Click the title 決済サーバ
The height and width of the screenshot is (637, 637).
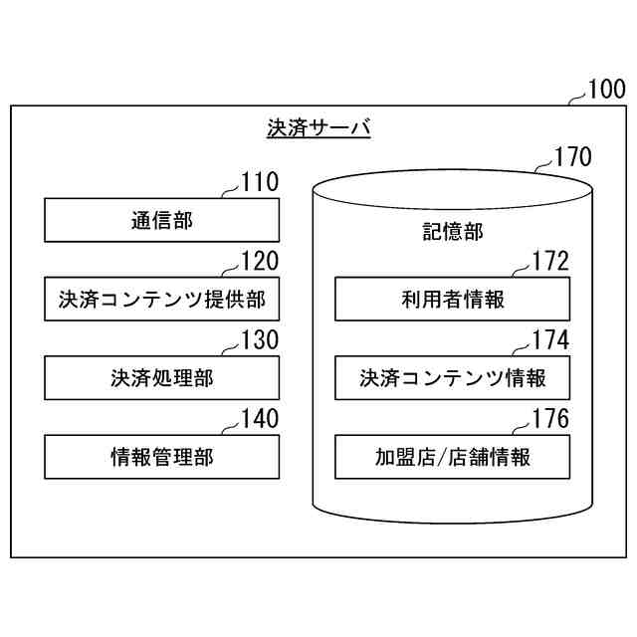pos(318,128)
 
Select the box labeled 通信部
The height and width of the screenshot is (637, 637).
pos(161,220)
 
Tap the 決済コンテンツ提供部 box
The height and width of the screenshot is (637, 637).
pos(161,299)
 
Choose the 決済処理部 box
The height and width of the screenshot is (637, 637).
pos(161,378)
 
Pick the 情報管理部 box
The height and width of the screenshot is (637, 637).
pos(161,457)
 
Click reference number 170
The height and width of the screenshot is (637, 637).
pos(572,156)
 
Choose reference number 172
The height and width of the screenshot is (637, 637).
pos(550,262)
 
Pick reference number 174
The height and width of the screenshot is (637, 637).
pos(550,340)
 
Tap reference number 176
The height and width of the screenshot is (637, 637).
pos(550,419)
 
